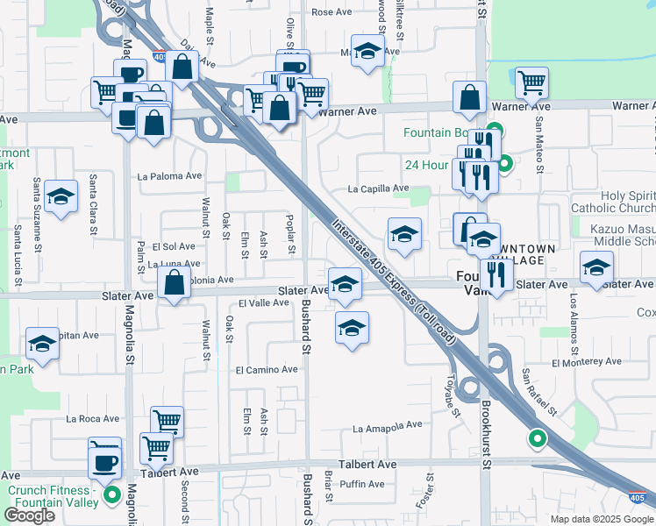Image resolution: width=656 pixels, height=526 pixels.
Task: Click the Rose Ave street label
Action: (x=331, y=12)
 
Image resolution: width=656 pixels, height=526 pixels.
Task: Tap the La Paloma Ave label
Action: (x=170, y=175)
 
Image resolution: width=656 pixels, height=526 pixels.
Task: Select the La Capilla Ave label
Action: (x=378, y=188)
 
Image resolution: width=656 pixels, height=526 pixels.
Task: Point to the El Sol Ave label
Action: (x=174, y=246)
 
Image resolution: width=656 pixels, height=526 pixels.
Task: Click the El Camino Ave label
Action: (x=266, y=370)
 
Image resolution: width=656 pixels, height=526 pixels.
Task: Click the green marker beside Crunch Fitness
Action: (x=111, y=496)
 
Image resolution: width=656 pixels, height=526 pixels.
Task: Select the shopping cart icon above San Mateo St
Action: (x=531, y=83)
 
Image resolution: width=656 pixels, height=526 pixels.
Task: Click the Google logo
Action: (x=30, y=515)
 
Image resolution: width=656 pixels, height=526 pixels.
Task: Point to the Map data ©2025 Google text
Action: (x=601, y=519)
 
